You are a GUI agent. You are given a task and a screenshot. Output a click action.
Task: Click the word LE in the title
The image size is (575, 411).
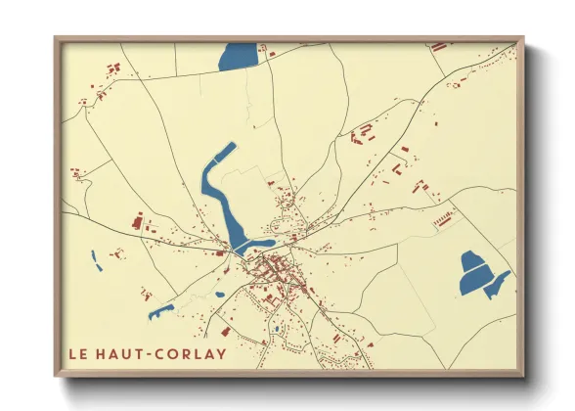(76, 354)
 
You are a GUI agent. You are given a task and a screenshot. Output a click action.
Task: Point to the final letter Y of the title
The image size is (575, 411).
(221, 354)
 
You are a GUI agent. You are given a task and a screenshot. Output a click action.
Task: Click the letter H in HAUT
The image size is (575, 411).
(100, 354)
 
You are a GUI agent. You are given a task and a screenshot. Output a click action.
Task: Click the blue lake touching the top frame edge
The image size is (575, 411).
(238, 56)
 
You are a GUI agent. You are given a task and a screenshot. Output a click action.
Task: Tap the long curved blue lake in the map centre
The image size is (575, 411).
(220, 191)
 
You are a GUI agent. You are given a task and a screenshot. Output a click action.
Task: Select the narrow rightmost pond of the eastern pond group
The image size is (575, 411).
(498, 284)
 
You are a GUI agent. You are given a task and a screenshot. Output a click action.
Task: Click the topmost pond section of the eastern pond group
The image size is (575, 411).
(472, 261)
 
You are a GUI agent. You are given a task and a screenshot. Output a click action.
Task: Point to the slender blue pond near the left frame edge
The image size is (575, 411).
(96, 260)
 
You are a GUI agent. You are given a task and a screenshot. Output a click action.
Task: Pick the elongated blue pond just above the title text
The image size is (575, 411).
(161, 312)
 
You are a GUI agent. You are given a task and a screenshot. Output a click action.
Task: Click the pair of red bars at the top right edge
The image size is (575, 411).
(438, 46)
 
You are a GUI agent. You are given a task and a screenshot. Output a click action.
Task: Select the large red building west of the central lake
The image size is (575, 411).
(137, 223)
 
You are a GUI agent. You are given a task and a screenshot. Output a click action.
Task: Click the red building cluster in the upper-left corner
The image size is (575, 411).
(112, 68)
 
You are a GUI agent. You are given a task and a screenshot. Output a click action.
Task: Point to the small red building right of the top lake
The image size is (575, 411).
(272, 53)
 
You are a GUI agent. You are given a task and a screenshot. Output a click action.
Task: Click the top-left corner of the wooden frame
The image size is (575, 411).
(57, 39)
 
